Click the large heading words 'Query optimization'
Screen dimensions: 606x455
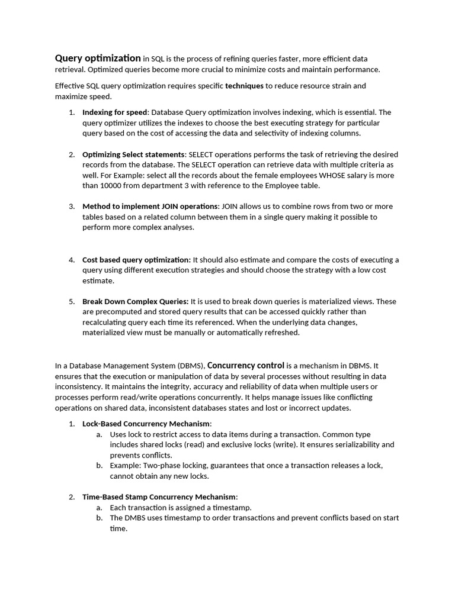(x=98, y=58)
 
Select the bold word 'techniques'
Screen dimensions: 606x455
(x=244, y=86)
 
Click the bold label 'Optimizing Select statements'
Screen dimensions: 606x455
(x=133, y=154)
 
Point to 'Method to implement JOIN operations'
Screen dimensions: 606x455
(x=150, y=206)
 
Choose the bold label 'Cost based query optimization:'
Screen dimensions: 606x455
(x=136, y=259)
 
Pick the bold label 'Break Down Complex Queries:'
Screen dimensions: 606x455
(x=135, y=301)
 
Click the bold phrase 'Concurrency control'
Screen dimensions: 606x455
(x=245, y=365)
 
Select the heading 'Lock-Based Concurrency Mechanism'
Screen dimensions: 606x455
(x=146, y=423)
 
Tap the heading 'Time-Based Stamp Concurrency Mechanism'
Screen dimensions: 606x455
(x=159, y=497)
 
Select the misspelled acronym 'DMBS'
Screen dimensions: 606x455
(x=136, y=518)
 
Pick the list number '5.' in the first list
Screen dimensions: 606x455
(x=71, y=301)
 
